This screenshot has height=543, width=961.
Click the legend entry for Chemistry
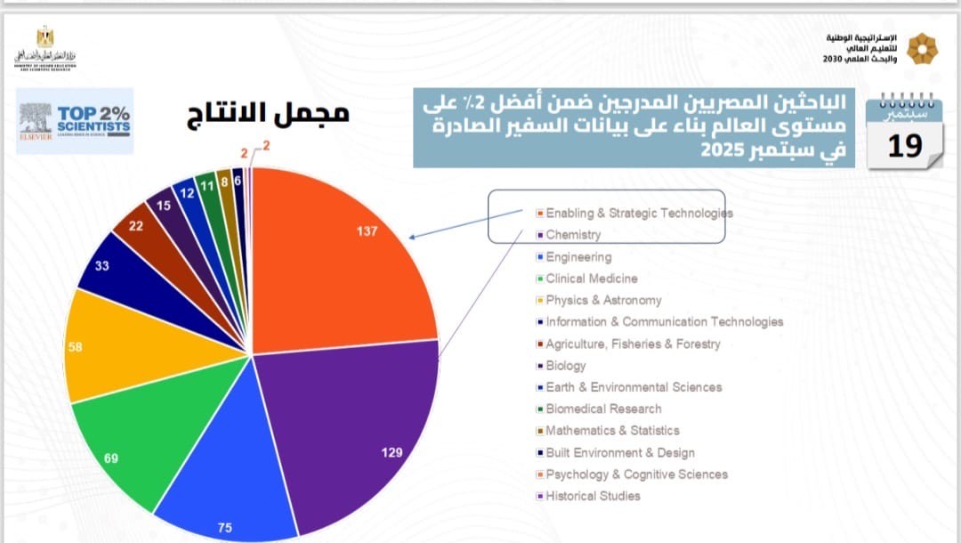click(573, 235)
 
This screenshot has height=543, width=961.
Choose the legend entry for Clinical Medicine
click(592, 279)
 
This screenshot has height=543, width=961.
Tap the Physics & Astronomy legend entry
click(603, 300)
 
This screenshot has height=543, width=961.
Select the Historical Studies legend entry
click(593, 496)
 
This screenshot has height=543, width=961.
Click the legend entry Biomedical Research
click(603, 409)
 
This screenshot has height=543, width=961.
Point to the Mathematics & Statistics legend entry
click(612, 430)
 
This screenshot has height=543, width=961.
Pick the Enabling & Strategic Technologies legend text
click(639, 214)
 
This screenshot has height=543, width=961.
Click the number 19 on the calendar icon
click(905, 145)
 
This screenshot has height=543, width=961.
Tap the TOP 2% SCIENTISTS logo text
click(93, 120)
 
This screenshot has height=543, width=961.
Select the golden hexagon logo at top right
click(921, 48)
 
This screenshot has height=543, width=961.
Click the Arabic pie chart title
click(268, 113)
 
